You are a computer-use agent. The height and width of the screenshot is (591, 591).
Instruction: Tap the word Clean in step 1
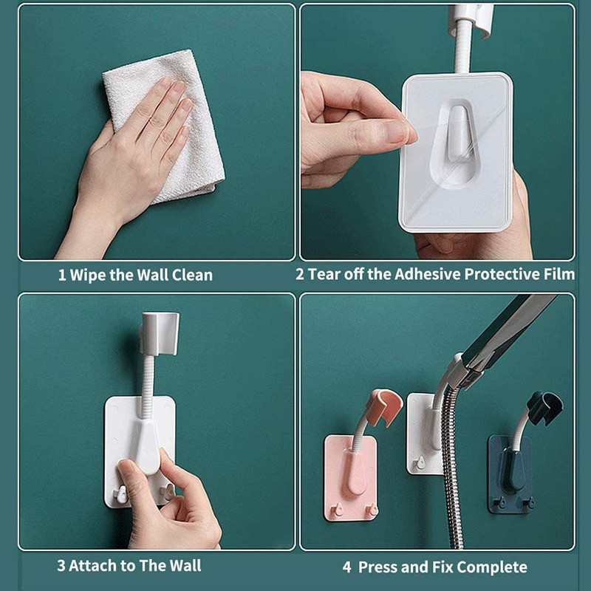[192, 275]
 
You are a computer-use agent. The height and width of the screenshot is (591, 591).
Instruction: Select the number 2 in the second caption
[300, 274]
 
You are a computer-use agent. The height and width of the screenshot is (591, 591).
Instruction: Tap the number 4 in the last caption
[346, 567]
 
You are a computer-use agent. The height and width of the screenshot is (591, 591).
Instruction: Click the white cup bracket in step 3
[160, 334]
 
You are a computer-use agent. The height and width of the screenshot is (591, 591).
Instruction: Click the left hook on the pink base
[338, 509]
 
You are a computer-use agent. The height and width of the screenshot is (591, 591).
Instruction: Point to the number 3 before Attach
[61, 566]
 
